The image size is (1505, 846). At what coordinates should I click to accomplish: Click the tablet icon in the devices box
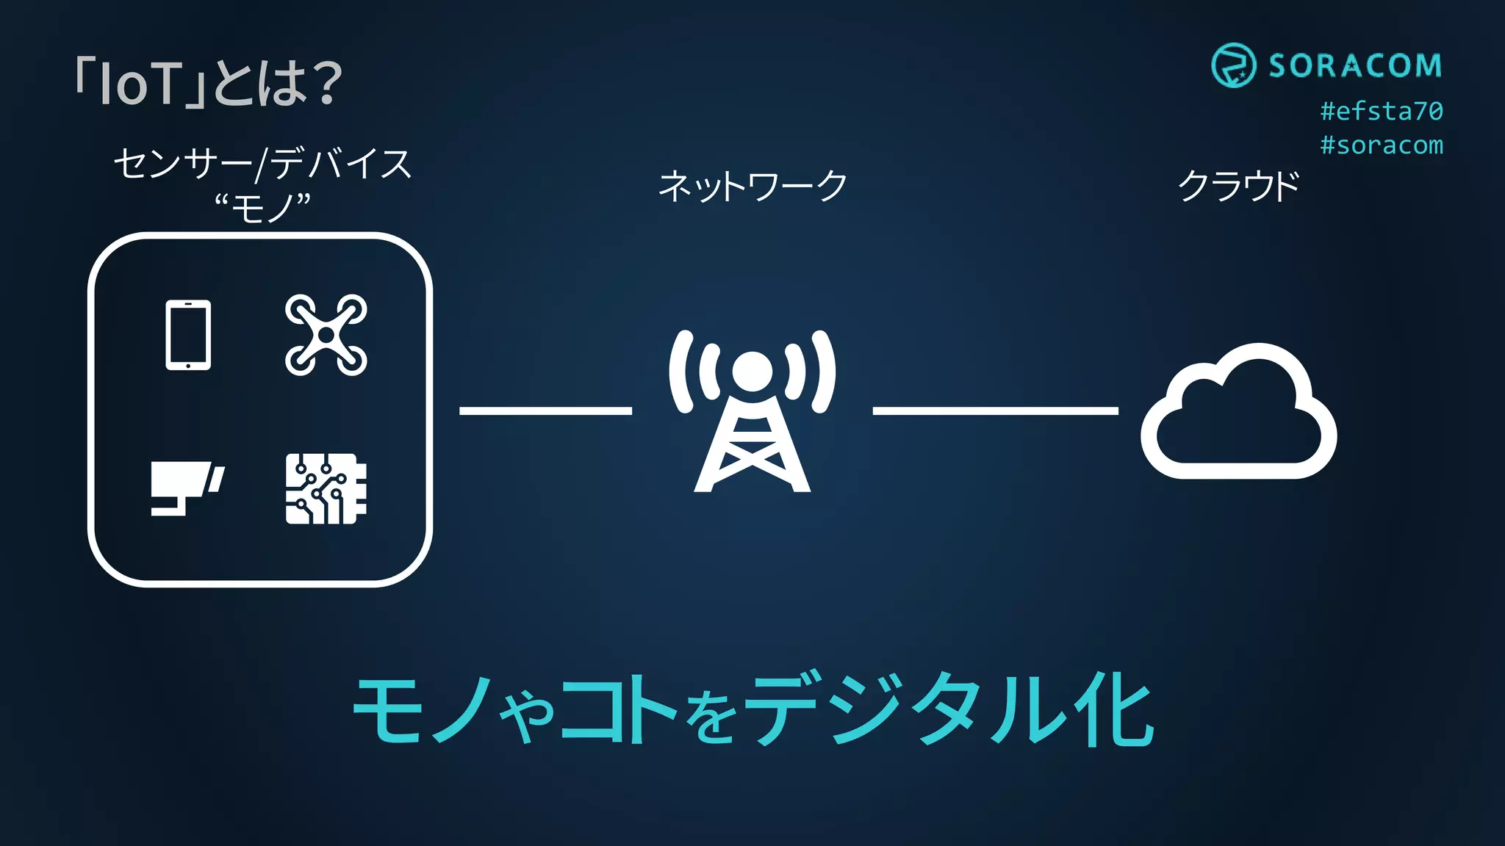[188, 335]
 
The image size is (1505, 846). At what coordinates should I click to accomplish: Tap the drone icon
[326, 335]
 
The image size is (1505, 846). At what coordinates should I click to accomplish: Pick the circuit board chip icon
[326, 488]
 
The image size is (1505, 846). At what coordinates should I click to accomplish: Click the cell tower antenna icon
[752, 411]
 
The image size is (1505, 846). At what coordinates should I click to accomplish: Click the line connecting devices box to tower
[545, 411]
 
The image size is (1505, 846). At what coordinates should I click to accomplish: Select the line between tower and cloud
[995, 411]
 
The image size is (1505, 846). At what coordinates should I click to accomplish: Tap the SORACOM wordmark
[1355, 66]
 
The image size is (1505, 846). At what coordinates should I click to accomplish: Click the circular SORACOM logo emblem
[1233, 65]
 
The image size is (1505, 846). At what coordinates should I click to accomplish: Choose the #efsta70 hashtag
[1382, 111]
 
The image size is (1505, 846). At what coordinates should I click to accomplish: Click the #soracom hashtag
[1382, 145]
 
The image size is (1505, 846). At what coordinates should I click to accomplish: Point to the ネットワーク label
[752, 186]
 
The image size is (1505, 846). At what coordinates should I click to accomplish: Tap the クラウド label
[1238, 186]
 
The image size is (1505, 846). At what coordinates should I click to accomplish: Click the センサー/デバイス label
[262, 163]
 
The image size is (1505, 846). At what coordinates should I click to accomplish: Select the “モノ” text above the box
[262, 208]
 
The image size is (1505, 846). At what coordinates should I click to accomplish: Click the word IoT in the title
[140, 83]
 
